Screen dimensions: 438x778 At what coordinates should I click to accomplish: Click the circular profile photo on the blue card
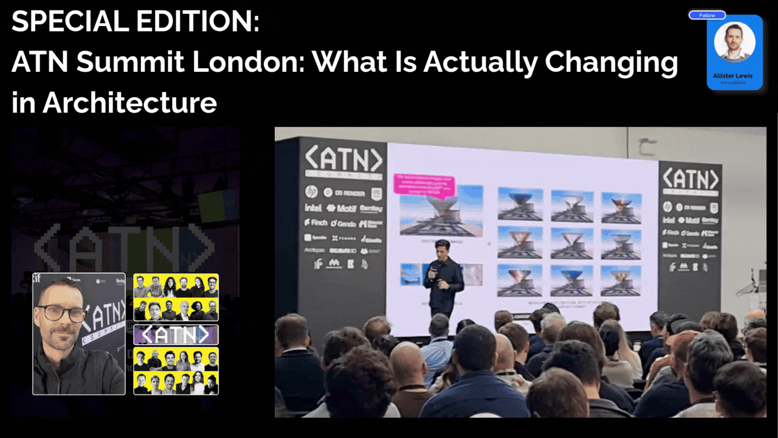[x=734, y=43]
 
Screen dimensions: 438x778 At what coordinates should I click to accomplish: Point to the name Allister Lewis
[x=734, y=75]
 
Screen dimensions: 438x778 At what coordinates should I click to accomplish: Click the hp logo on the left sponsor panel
[x=311, y=192]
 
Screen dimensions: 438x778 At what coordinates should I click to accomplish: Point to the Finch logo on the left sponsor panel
[x=316, y=223]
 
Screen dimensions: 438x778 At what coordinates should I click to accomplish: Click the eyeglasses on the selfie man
[x=61, y=314]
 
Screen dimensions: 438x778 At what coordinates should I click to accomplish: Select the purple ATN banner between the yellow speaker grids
[x=176, y=335]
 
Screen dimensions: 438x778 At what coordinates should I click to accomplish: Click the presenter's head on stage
[x=442, y=249]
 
